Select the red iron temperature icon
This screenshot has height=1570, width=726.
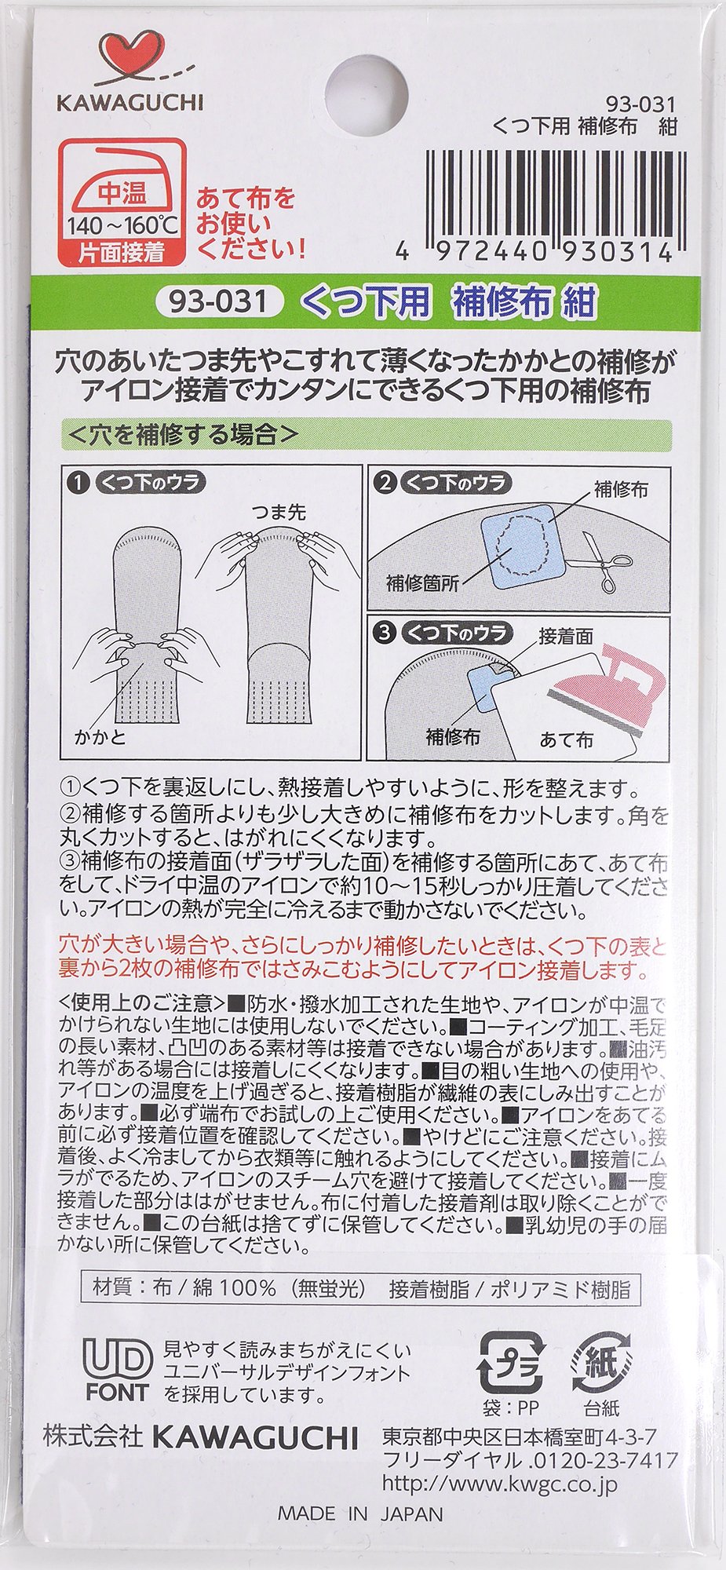click(123, 201)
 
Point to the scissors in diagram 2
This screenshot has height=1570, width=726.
click(606, 560)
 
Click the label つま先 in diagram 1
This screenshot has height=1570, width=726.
click(279, 512)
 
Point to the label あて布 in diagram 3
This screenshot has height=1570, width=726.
click(567, 739)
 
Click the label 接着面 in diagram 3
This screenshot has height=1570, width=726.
click(566, 636)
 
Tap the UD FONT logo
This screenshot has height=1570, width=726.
click(118, 1370)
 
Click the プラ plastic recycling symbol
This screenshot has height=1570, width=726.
click(511, 1362)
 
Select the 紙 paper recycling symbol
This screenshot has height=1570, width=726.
click(601, 1362)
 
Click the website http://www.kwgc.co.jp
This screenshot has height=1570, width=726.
click(500, 1482)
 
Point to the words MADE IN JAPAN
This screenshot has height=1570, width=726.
click(360, 1513)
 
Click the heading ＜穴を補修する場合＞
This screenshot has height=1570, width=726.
click(184, 434)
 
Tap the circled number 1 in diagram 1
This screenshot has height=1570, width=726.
click(78, 481)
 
